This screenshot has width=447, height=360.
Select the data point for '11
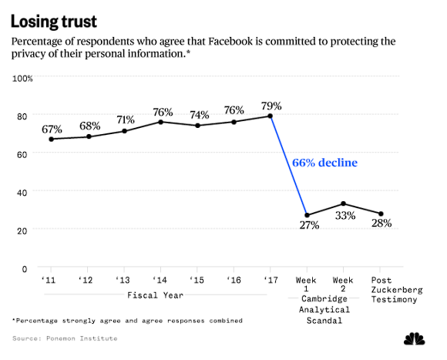pyautogui.click(x=51, y=139)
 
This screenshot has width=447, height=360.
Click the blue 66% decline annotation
pyautogui.click(x=324, y=163)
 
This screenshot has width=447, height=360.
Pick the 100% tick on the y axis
pyautogui.click(x=22, y=79)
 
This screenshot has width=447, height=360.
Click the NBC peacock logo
pyautogui.click(x=416, y=338)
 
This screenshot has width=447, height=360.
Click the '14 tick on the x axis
pyautogui.click(x=160, y=281)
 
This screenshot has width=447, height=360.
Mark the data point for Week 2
pyautogui.click(x=344, y=204)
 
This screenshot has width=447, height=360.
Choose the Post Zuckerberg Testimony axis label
pyautogui.click(x=380, y=290)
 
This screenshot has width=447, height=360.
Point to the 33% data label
pyautogui.click(x=344, y=216)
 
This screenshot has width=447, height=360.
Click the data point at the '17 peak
pyautogui.click(x=271, y=116)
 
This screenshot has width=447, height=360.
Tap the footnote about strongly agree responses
pyautogui.click(x=127, y=320)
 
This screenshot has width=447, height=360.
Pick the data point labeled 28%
pyautogui.click(x=380, y=214)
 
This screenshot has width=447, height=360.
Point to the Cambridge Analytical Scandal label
pyautogui.click(x=324, y=309)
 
